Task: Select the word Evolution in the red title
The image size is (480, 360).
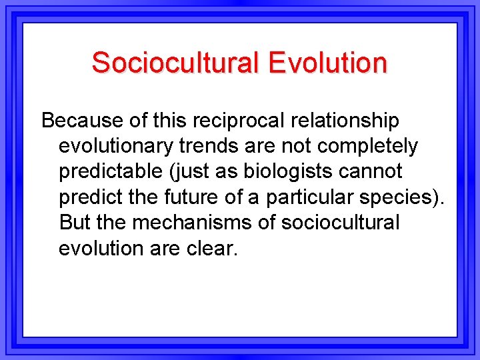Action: (327, 63)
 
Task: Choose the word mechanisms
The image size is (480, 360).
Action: (189, 222)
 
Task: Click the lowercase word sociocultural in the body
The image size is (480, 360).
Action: (340, 222)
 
